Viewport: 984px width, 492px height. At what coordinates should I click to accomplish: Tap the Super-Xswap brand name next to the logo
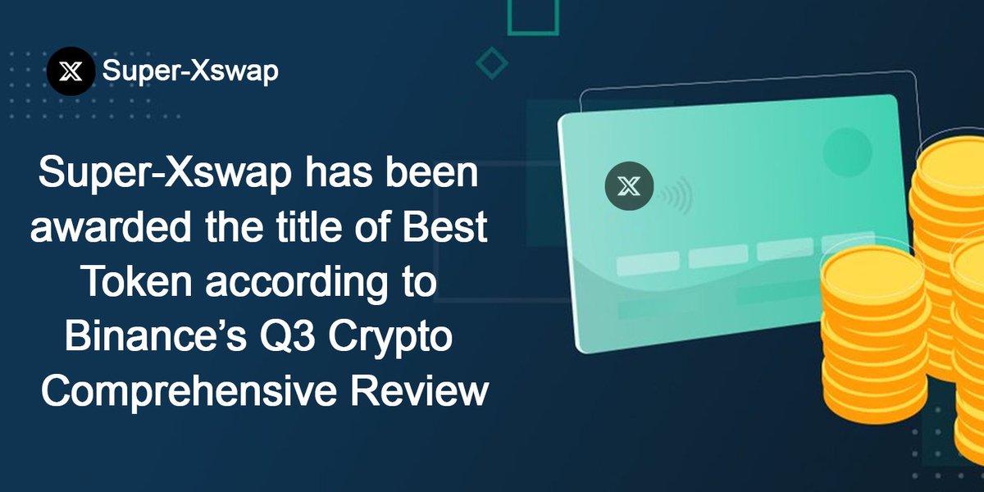point(190,71)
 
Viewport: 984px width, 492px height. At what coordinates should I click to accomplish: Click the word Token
point(135,283)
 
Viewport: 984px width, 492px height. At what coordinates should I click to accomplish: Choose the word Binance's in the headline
point(162,337)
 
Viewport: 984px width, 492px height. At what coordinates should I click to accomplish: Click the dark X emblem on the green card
point(629,187)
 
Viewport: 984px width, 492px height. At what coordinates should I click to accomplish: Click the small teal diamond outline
point(492,62)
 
